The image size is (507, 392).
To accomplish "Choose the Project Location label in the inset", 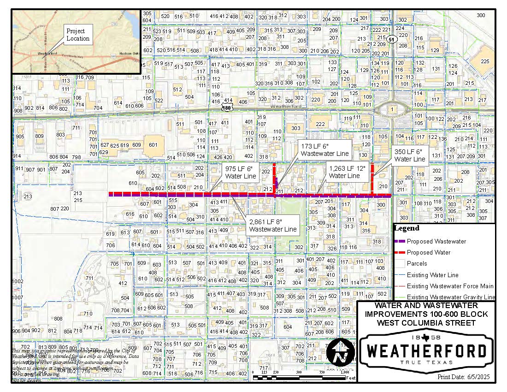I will point(78,35).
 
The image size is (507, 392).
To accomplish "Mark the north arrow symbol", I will point(340,353).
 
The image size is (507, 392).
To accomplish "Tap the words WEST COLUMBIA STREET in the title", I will point(426,322).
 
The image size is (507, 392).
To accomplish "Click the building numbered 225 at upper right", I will point(485,61).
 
